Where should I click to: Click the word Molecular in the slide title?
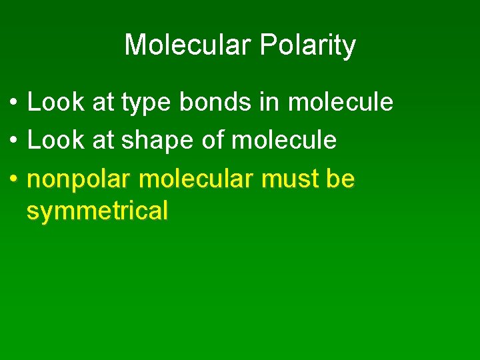click(187, 45)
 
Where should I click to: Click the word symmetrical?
click(97, 211)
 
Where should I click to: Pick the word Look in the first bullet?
click(55, 102)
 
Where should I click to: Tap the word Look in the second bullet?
click(55, 140)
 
